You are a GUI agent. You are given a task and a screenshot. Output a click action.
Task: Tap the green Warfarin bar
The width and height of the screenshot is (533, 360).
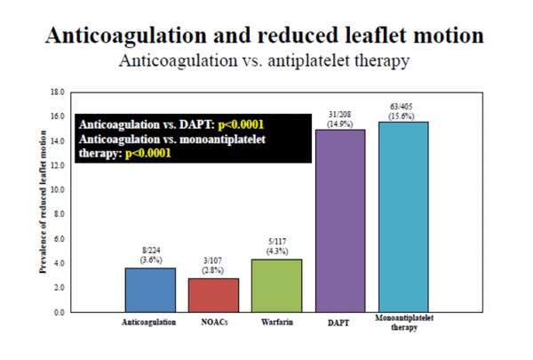tap(276, 285)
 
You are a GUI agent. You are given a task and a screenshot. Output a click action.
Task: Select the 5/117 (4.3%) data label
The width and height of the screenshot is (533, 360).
tap(276, 246)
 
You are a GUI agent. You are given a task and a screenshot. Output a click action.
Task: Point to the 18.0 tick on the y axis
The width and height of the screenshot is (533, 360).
tap(58, 92)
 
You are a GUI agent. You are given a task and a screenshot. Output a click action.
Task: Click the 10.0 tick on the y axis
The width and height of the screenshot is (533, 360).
tap(58, 189)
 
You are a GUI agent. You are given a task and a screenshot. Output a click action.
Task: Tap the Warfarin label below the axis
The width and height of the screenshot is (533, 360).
tap(276, 323)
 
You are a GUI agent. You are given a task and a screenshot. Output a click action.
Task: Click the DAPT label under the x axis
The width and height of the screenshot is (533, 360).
tap(339, 323)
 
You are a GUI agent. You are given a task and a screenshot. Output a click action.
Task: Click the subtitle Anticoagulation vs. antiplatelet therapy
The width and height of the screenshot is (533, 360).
tap(266, 62)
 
